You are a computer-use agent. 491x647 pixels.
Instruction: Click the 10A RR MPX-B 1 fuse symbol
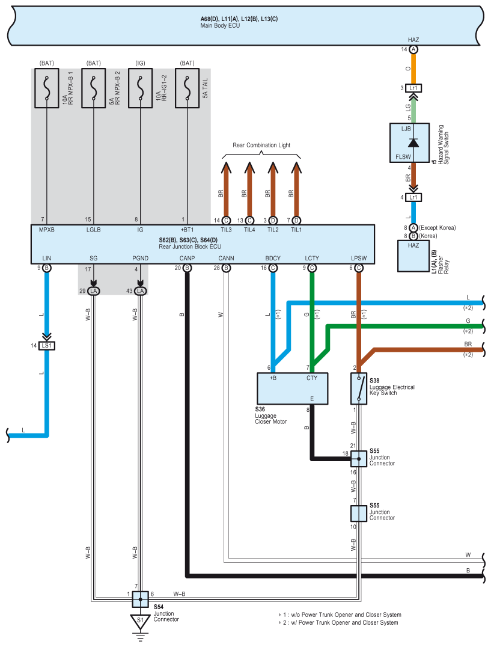47,88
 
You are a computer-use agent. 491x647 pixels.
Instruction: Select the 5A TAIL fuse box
187,88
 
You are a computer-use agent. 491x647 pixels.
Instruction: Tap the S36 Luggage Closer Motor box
292,388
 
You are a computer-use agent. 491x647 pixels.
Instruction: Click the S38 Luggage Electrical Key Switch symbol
359,388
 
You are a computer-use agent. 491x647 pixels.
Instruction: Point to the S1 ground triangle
140,621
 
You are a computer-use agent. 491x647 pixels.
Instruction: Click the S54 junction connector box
140,599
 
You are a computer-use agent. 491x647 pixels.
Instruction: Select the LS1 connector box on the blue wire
47,346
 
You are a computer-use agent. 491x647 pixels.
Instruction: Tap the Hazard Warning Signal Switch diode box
409,143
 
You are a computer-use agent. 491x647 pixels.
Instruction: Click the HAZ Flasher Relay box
413,256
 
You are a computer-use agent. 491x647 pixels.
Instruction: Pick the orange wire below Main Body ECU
413,69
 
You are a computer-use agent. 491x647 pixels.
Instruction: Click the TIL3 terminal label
226,230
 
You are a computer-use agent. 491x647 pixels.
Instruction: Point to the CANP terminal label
187,259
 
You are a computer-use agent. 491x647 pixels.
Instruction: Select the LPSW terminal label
359,259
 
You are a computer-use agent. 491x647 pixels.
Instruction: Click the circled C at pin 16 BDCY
273,268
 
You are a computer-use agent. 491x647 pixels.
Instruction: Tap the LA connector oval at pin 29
94,291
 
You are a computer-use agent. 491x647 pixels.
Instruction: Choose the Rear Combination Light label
261,146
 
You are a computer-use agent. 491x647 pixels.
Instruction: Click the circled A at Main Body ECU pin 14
413,49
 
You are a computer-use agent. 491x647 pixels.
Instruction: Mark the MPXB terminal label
47,230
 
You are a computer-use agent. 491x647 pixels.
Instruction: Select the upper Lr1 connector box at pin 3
413,88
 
